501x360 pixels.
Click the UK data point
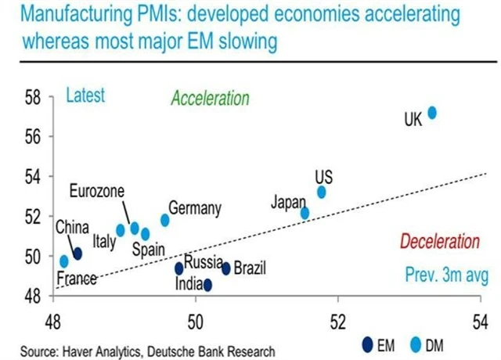431,113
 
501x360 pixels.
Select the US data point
321,192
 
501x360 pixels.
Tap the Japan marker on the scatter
305,213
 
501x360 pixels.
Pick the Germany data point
165,220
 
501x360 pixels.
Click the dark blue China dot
77,253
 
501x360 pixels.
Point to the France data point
64,261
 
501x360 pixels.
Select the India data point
207,285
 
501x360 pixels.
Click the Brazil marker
226,268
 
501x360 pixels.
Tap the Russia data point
179,268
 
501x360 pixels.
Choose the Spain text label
147,250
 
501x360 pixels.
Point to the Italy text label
104,242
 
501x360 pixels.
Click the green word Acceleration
210,99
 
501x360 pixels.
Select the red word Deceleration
439,242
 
